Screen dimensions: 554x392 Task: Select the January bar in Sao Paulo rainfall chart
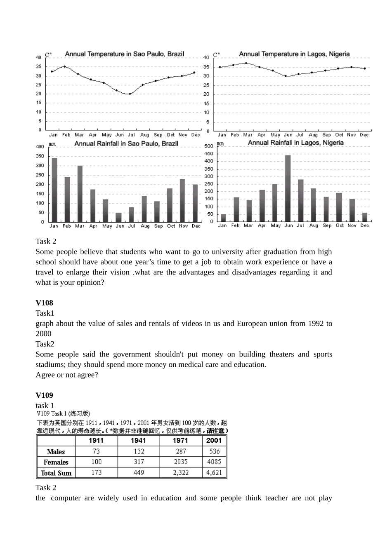(x=54, y=190)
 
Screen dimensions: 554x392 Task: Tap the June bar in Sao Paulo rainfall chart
(x=119, y=217)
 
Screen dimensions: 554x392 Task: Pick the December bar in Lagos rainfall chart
(x=365, y=217)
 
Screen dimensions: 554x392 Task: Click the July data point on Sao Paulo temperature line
(x=130, y=94)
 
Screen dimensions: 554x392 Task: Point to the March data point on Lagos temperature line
(x=246, y=63)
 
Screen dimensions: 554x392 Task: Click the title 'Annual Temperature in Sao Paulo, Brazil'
(x=125, y=54)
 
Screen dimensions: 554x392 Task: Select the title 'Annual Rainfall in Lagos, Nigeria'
(x=295, y=143)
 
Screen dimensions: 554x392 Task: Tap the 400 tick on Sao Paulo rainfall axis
(x=40, y=147)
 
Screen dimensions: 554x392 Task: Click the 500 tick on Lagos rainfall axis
(x=209, y=146)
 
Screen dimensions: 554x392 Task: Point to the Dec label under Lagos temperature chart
(x=364, y=135)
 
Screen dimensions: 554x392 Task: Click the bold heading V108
(x=44, y=303)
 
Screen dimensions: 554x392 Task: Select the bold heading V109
(x=44, y=395)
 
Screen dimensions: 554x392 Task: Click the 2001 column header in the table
(x=214, y=441)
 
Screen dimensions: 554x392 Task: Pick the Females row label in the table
(x=56, y=462)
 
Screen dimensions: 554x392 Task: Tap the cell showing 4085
(x=214, y=462)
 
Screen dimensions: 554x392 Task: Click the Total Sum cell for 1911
(x=97, y=473)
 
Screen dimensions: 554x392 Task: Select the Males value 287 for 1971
(x=181, y=452)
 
